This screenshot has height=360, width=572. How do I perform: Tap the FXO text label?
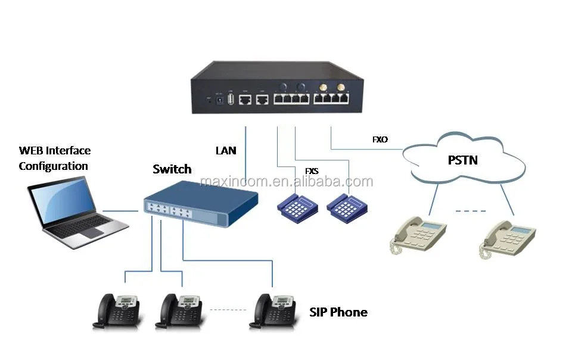click(380, 139)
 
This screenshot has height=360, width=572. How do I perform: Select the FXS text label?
click(312, 171)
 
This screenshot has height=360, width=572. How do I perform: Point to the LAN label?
click(226, 151)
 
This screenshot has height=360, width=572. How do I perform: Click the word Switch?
click(172, 169)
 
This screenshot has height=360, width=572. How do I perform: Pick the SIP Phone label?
click(338, 312)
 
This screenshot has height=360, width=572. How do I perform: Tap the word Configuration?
click(54, 166)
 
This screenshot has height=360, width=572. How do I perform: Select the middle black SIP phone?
click(182, 310)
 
